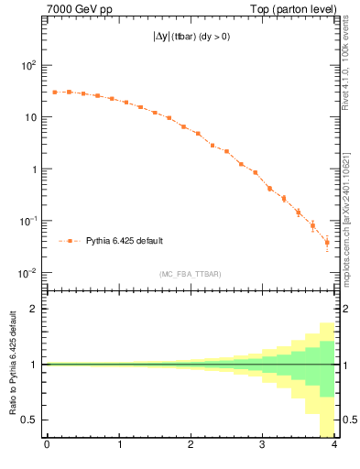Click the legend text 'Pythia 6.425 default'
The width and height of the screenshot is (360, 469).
pos(124,241)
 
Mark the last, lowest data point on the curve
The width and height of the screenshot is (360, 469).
pos(327,243)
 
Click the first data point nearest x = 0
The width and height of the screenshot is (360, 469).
pos(54,93)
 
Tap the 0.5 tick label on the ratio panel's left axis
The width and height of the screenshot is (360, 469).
pos(32,420)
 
